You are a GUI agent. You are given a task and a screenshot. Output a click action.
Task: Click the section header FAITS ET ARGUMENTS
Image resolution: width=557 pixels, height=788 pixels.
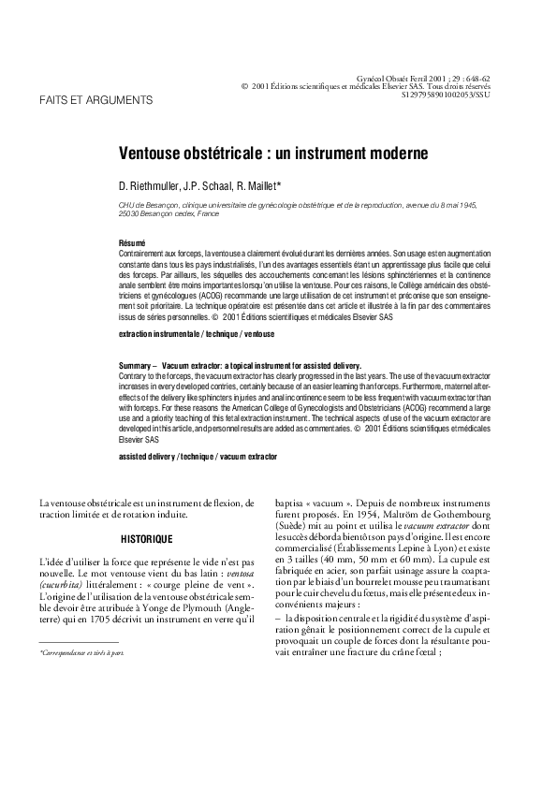(93, 99)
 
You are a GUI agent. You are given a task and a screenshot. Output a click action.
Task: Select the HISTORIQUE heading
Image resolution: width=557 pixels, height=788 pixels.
(147, 539)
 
